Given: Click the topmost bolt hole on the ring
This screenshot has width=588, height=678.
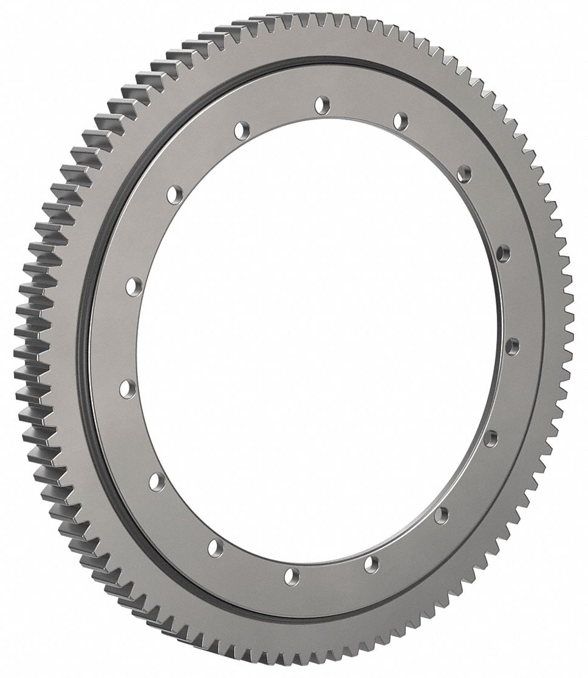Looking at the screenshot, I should [x=321, y=105].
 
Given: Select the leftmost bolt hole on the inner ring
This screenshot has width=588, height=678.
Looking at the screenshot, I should [x=128, y=388].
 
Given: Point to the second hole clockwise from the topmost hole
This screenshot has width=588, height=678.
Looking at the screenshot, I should [x=464, y=174].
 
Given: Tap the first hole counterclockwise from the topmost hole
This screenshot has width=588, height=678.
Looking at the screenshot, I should [x=242, y=130].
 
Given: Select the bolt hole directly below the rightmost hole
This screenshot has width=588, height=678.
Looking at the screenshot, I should [x=491, y=438].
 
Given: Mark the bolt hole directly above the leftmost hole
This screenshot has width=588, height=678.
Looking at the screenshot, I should [x=135, y=285].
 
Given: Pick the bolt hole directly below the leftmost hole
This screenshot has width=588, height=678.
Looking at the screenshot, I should [x=157, y=482].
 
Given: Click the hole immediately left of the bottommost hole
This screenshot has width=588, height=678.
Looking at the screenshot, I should [x=216, y=548].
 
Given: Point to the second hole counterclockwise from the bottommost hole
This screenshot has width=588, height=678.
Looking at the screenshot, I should [x=442, y=515].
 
